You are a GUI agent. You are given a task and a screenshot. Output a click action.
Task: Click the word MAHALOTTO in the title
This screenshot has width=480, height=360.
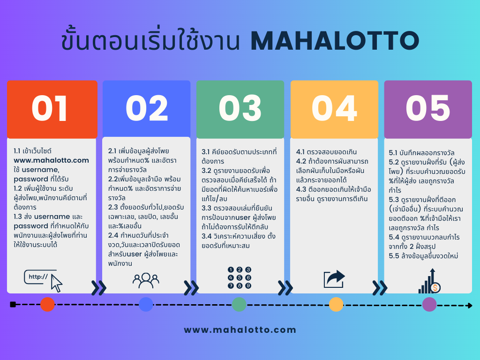tap(335, 41)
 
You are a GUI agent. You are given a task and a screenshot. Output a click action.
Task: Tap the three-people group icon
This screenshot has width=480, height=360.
tap(146, 280)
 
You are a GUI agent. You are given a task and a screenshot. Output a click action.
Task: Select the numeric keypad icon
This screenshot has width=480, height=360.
tap(240, 277)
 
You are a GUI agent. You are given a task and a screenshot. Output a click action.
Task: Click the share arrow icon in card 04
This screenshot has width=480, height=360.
tap(334, 279)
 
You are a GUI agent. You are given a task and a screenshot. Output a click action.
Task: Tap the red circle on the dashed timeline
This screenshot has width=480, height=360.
tap(47, 305)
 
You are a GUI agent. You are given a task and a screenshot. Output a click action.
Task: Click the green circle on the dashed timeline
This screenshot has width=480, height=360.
tap(239, 305)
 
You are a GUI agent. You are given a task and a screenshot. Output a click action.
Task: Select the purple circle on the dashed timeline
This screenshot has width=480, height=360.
tap(429, 305)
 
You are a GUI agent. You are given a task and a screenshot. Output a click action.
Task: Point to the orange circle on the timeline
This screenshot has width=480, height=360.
tap(336, 305)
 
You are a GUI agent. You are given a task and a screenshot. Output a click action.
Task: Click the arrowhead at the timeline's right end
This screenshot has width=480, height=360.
tap(469, 306)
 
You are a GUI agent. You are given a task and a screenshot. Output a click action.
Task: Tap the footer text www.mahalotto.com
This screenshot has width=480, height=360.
tap(240, 330)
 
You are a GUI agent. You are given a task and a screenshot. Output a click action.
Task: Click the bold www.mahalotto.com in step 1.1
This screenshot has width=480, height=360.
tap(51, 160)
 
